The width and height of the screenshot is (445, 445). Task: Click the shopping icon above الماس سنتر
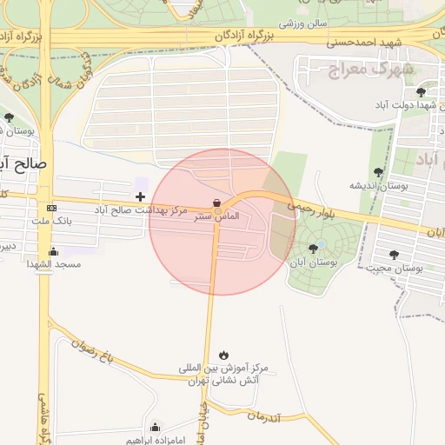click(x=216, y=202)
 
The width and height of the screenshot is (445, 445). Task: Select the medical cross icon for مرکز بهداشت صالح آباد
click(x=140, y=197)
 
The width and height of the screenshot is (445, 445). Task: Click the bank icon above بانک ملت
click(x=51, y=209)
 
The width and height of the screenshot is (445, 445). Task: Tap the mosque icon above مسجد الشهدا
click(x=54, y=251)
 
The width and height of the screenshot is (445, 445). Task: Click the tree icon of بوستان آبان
click(x=313, y=249)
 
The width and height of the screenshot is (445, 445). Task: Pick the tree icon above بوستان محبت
click(x=394, y=255)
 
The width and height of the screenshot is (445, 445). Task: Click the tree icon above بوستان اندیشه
click(x=377, y=172)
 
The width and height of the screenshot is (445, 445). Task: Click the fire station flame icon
click(x=223, y=354)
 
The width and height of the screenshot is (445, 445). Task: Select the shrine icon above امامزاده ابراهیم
click(x=155, y=427)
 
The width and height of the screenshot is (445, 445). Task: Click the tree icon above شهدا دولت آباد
click(x=421, y=91)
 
